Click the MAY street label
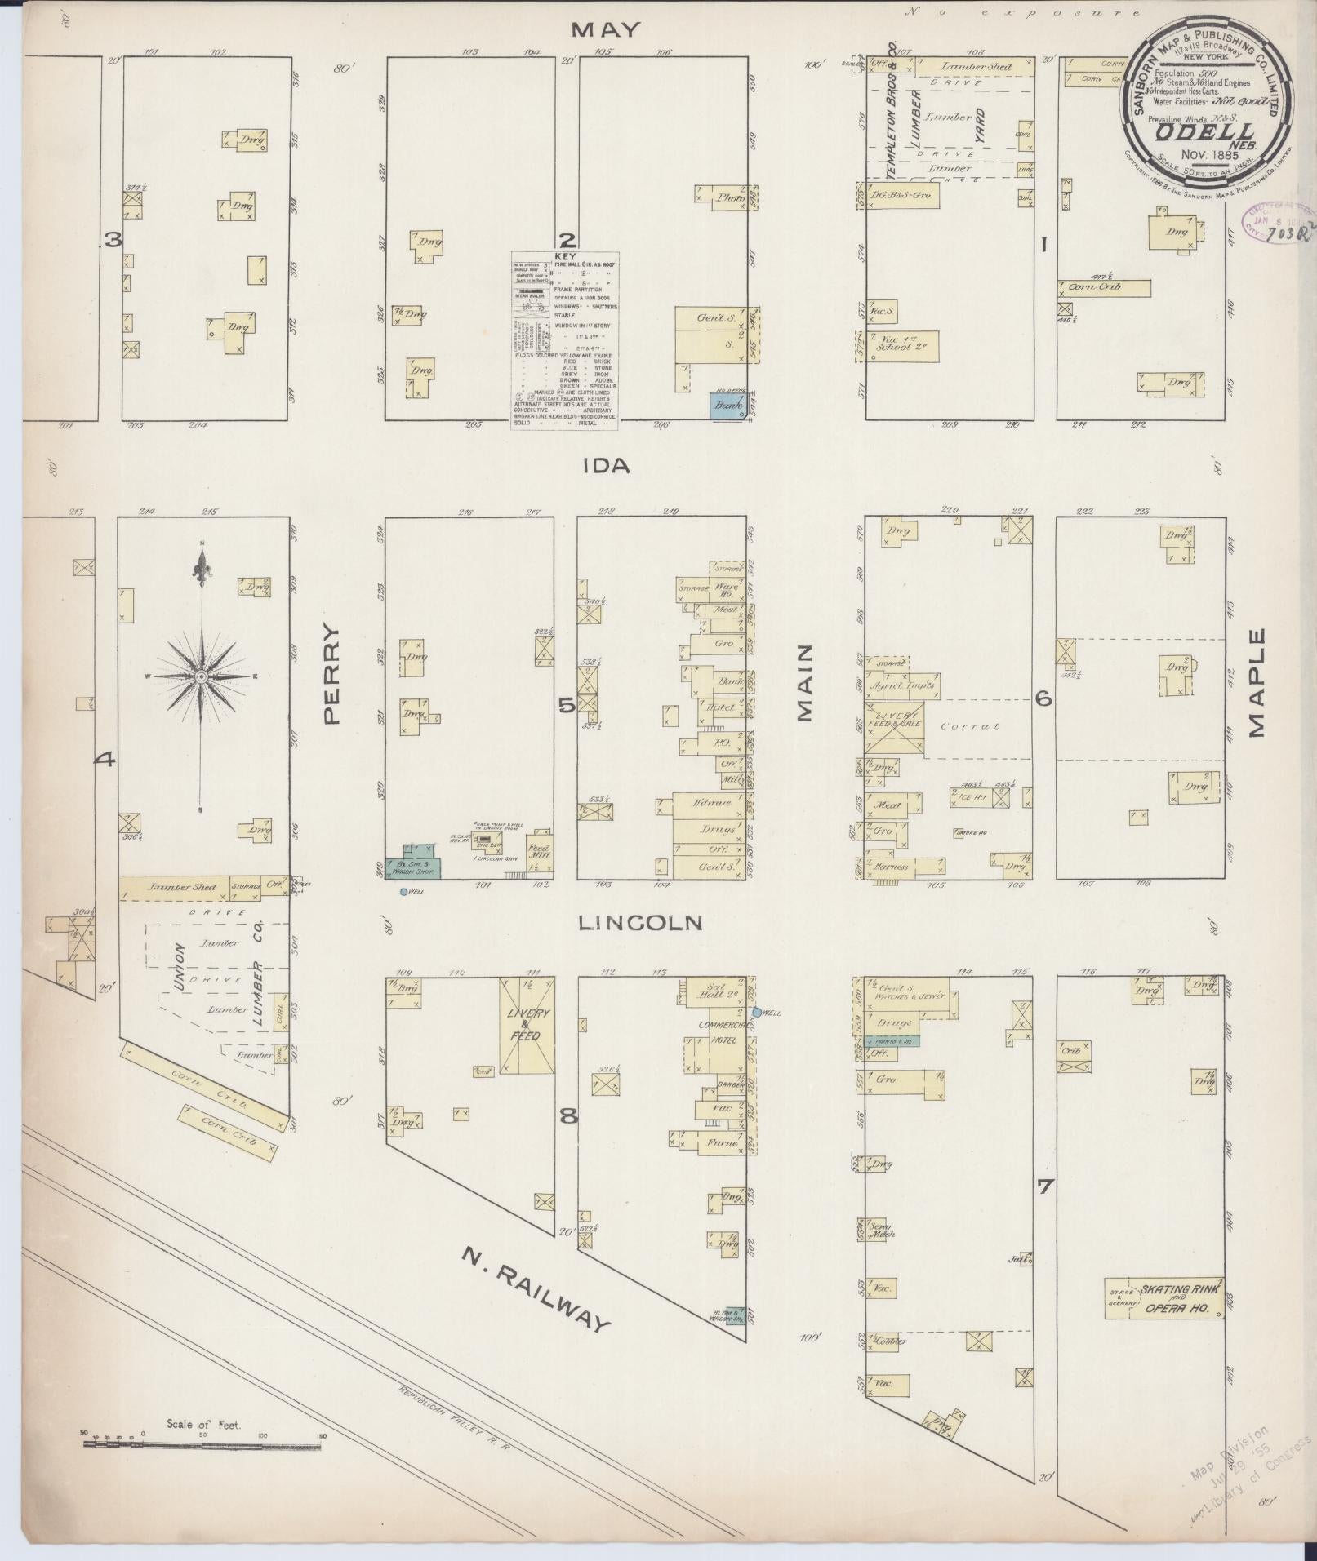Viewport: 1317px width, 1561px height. coord(605,30)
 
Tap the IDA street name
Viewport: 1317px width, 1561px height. coord(607,465)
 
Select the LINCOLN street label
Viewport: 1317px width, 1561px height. coord(640,923)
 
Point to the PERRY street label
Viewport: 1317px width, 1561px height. coord(330,674)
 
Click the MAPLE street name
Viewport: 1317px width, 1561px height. coord(1255,682)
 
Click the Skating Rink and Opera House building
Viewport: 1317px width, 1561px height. coord(1165,1297)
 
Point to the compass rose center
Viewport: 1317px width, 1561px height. coord(201,676)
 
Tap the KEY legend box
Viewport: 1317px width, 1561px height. coord(565,339)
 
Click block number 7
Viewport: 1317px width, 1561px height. coord(1044,1186)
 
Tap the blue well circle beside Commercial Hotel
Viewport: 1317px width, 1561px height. coord(756,1012)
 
